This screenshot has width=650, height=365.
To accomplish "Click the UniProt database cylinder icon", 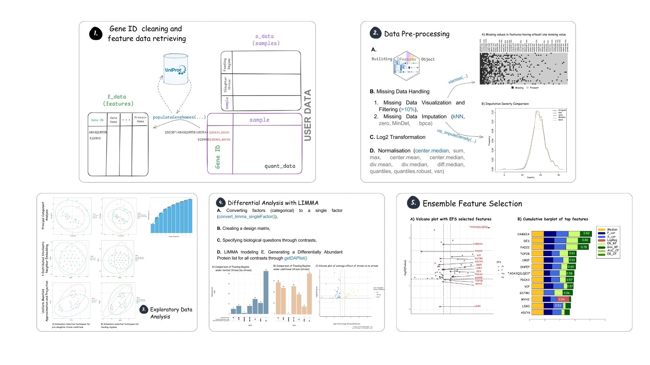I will point(175,69).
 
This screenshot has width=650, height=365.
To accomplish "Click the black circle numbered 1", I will point(96,33).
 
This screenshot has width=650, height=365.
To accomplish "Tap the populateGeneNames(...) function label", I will point(179,117).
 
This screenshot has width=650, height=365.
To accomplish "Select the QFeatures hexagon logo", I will point(407,66).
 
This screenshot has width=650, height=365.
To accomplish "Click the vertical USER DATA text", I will point(307,115).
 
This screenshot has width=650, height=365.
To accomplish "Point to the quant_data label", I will point(280,166).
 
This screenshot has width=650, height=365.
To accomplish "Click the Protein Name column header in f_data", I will point(140,119).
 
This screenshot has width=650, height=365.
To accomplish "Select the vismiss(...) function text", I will point(457,79).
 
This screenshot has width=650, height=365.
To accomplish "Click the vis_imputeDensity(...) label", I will point(456,136).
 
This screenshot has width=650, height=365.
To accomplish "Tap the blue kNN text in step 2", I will point(458,117).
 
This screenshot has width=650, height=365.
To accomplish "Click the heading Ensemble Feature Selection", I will point(472,203).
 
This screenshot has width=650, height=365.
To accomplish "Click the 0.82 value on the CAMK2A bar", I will point(586,234).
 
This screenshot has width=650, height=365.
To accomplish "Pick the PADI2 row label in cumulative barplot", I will point(525,247).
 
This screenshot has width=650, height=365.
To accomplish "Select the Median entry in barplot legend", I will point(612,229).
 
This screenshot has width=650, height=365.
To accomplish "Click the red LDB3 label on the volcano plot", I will point(477,306).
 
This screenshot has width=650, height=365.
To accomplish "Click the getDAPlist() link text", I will point(296,258).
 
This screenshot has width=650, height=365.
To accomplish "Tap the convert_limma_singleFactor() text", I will point(247,217).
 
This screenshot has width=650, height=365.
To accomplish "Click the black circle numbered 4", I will point(221,202).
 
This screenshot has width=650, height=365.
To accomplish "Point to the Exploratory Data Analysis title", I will point(171,313).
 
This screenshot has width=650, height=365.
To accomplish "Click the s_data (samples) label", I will point(266,40).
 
